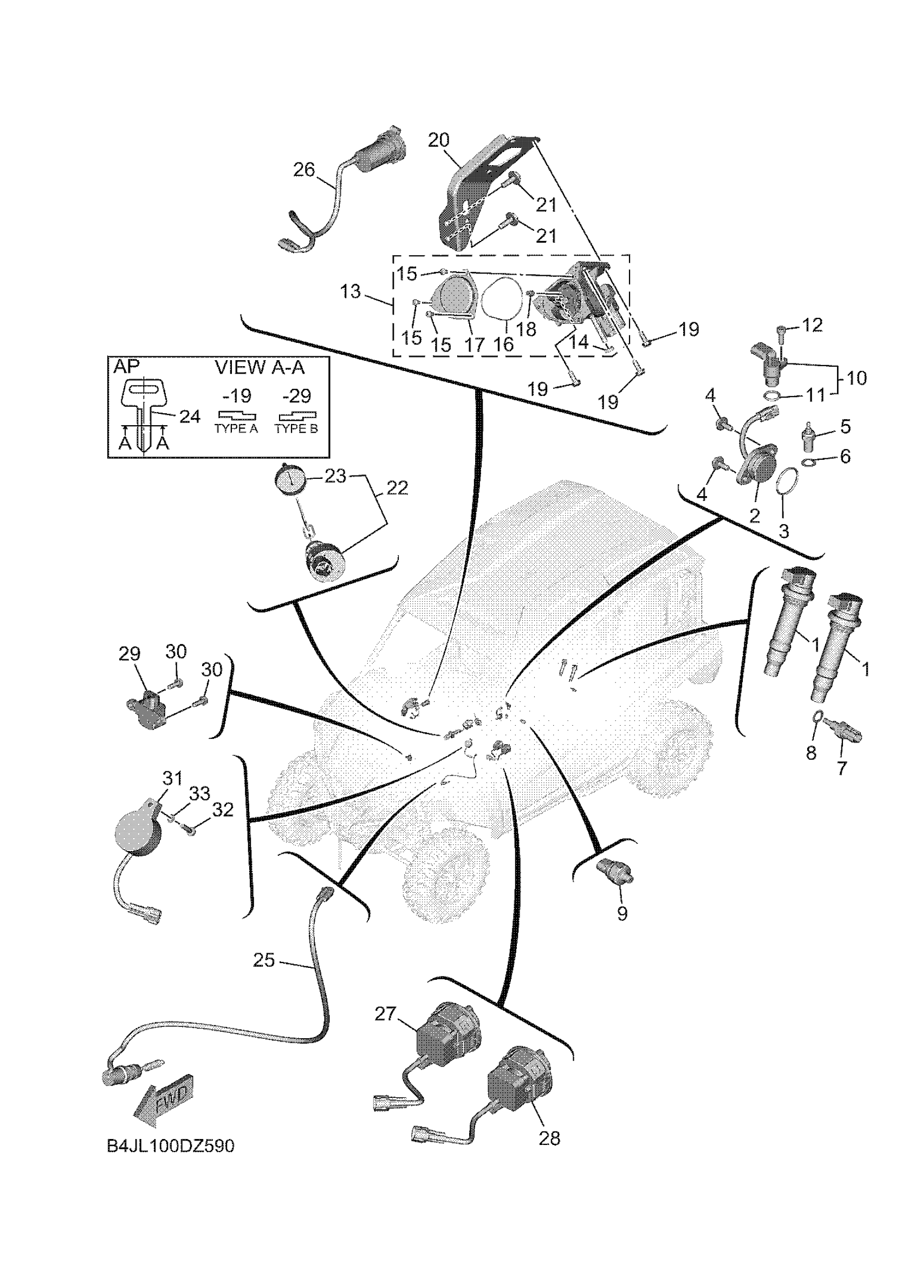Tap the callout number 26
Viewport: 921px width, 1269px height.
pyautogui.click(x=304, y=170)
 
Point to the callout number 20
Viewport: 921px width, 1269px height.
pyautogui.click(x=439, y=140)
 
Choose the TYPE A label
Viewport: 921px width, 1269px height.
pyautogui.click(x=236, y=429)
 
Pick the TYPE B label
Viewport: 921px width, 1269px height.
pyautogui.click(x=296, y=429)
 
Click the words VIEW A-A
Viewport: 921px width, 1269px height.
pyautogui.click(x=260, y=368)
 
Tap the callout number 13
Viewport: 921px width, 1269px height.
pyautogui.click(x=351, y=292)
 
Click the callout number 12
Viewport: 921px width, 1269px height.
pyautogui.click(x=813, y=325)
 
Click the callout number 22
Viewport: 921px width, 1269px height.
pyautogui.click(x=397, y=489)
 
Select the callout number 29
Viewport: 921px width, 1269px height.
pyautogui.click(x=130, y=654)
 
